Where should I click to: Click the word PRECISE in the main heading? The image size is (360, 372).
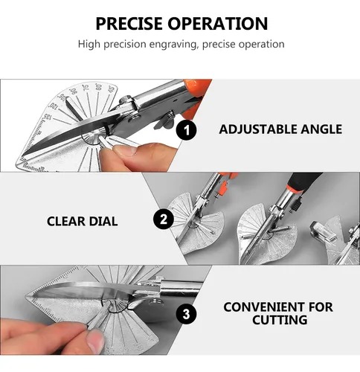[x=129, y=24]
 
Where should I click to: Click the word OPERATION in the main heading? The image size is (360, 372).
[x=218, y=24]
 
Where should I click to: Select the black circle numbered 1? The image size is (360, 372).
[x=187, y=130]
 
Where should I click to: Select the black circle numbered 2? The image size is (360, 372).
[x=164, y=219]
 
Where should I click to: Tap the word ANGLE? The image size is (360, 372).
[x=321, y=129]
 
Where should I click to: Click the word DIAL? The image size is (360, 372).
[x=103, y=221]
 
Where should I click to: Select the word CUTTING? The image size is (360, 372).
[x=280, y=320]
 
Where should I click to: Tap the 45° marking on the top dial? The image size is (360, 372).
[x=112, y=89]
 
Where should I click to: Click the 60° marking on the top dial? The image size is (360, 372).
[x=98, y=87]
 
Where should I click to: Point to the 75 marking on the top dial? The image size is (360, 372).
[x=86, y=88]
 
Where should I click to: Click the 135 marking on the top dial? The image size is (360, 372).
[x=48, y=117]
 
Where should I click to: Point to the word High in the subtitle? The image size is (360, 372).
[x=89, y=44]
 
